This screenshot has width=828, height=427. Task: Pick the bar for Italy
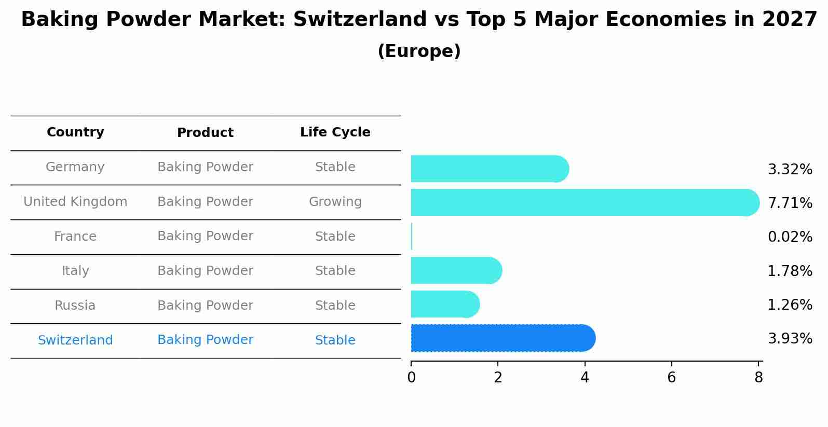click(x=456, y=270)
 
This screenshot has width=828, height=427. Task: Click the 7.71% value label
click(x=790, y=203)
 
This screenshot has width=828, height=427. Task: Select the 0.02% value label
click(x=790, y=237)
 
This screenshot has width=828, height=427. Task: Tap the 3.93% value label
click(x=790, y=339)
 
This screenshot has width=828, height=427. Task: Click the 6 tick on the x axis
click(x=671, y=378)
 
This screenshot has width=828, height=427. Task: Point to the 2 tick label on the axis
click(x=498, y=378)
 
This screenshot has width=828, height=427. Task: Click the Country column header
click(x=75, y=132)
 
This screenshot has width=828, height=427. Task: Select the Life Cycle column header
click(x=335, y=132)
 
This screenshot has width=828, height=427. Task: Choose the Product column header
click(x=205, y=133)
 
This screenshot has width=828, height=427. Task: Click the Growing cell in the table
click(x=335, y=202)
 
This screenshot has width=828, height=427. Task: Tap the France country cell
click(x=75, y=237)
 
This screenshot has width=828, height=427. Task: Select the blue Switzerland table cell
click(x=75, y=340)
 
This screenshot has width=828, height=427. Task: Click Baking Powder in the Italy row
click(x=205, y=271)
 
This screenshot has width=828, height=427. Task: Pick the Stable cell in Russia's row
click(x=335, y=306)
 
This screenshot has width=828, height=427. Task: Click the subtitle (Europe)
click(x=419, y=51)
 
